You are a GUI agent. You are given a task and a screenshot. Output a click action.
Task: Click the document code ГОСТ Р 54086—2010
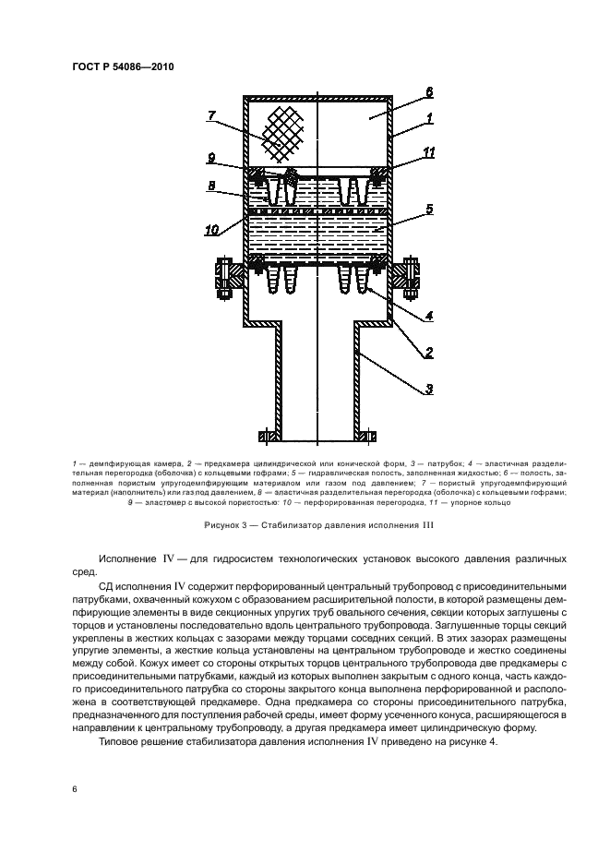[122, 67]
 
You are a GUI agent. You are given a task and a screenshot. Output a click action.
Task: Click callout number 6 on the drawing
[429, 91]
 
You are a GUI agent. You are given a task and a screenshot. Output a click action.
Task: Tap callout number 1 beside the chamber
[429, 118]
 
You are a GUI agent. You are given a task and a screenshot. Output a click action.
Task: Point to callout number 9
[211, 157]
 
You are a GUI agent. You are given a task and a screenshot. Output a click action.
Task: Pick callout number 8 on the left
[211, 186]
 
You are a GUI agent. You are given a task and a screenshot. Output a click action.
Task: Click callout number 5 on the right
[429, 210]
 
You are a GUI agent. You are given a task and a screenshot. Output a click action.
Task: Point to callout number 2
[429, 352]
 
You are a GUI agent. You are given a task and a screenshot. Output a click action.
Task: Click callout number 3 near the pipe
[429, 390]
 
